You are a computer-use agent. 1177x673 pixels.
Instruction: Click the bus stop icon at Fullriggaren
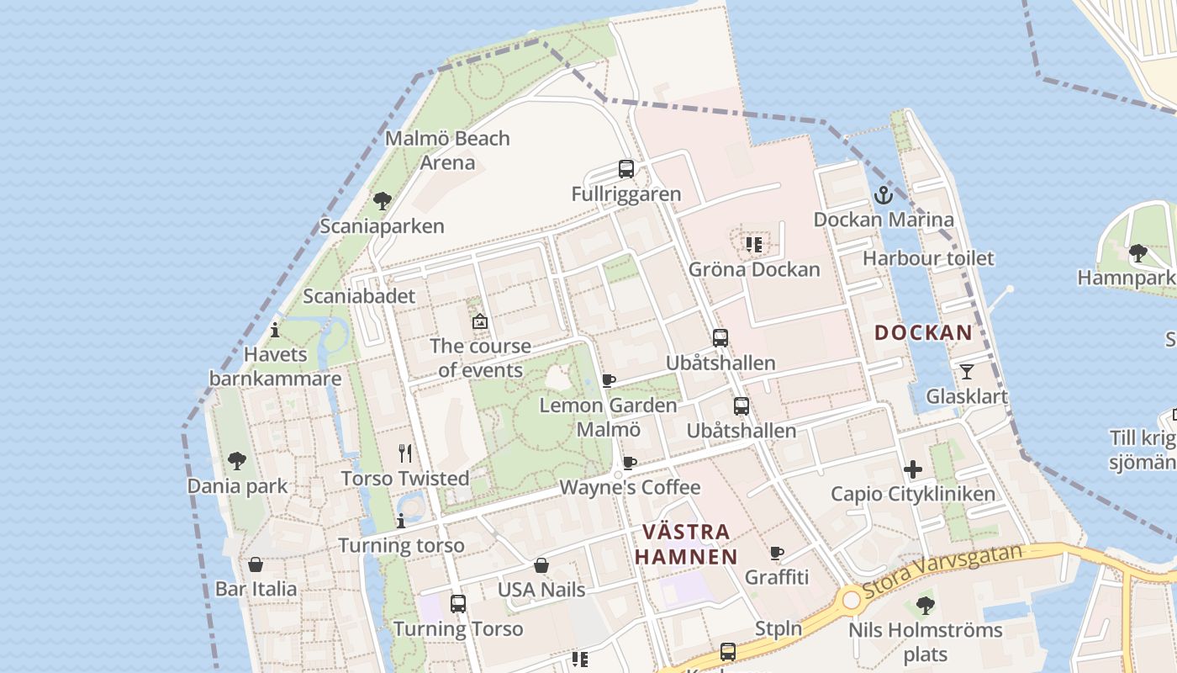click(x=626, y=169)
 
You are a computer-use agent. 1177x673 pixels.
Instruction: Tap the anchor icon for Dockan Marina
click(x=884, y=195)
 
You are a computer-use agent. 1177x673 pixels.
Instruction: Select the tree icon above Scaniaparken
click(x=383, y=201)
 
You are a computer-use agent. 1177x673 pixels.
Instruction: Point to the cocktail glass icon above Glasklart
click(x=967, y=371)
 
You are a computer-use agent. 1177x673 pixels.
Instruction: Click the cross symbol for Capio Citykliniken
click(x=913, y=469)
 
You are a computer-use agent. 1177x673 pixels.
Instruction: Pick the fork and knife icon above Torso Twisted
click(x=405, y=453)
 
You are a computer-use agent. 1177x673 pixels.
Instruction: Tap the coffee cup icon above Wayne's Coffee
click(x=629, y=463)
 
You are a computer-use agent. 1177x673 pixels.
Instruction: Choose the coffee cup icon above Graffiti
click(x=777, y=554)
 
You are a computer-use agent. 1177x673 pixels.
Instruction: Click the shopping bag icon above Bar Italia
click(x=256, y=564)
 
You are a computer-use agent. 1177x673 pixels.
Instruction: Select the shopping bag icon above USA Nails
click(x=541, y=565)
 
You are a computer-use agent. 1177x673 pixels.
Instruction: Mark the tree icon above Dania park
click(x=237, y=461)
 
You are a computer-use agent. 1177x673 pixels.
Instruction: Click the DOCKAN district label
click(x=923, y=332)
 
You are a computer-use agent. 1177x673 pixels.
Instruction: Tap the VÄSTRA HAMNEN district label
click(x=686, y=544)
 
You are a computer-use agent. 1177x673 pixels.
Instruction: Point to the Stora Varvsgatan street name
click(x=942, y=570)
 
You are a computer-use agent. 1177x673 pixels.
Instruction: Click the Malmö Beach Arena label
click(x=447, y=150)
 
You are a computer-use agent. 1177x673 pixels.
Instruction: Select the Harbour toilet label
click(x=928, y=258)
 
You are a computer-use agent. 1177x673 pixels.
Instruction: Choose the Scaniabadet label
click(x=359, y=296)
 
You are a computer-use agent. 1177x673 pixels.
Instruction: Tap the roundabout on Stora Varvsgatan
click(x=852, y=600)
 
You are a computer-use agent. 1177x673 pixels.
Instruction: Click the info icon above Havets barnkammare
click(x=275, y=330)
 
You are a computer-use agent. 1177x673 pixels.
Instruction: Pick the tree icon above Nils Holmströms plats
click(x=925, y=605)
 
